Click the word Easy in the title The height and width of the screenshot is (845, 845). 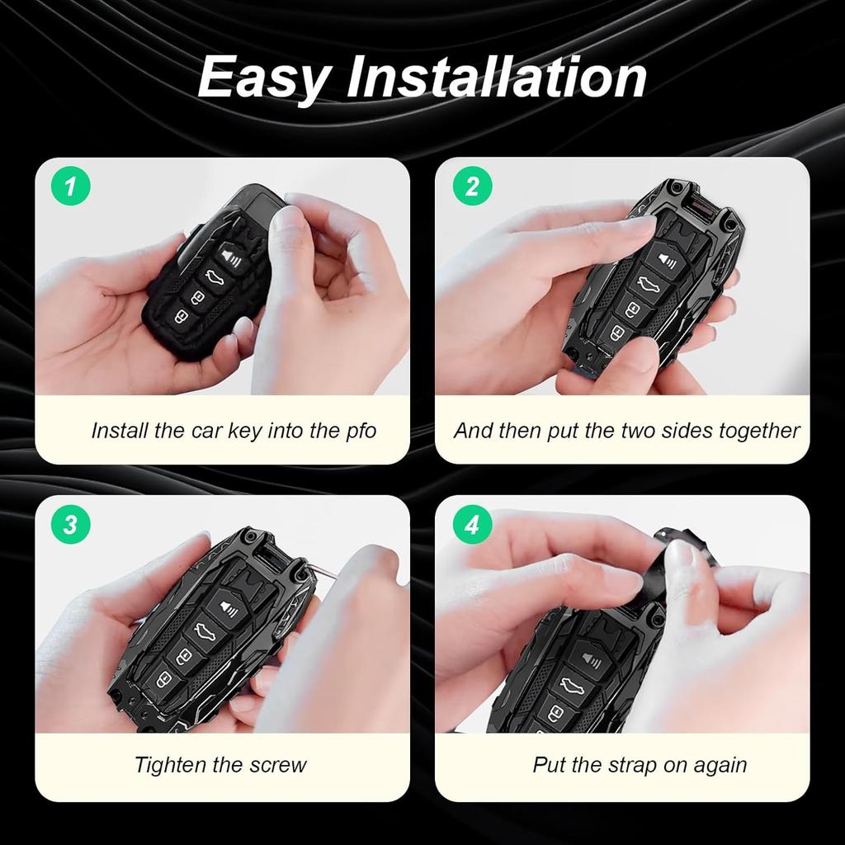263,78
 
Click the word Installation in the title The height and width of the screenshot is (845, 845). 495,78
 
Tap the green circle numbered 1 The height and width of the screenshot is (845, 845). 71,187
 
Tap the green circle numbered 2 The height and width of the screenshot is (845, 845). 472,187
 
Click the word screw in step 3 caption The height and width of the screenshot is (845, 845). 277,765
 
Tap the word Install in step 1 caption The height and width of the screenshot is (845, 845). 121,431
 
